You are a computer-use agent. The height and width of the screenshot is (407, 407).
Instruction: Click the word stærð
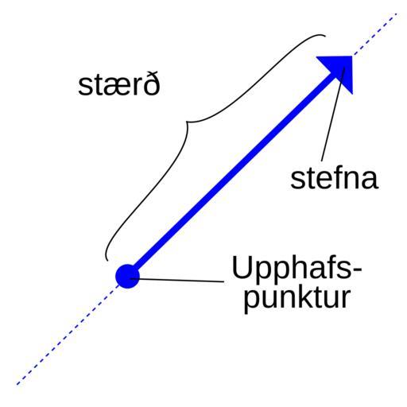[119, 83]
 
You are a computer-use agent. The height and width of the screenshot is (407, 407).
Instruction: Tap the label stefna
[334, 178]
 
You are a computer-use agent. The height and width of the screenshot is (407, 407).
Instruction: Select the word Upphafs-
[297, 267]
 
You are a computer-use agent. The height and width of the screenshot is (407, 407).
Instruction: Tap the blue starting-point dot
[127, 277]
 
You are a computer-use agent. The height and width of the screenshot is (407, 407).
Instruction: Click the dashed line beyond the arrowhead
[375, 34]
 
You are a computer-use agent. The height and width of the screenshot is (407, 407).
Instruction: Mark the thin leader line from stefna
[333, 114]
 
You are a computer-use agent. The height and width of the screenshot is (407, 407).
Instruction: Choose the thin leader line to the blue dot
[177, 280]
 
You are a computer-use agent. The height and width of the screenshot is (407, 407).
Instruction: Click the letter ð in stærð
[152, 83]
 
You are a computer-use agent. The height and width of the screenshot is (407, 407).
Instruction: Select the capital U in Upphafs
[242, 267]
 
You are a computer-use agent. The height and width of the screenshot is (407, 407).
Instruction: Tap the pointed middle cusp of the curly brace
[187, 122]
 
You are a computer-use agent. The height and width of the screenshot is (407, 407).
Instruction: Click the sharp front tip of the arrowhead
[352, 56]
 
